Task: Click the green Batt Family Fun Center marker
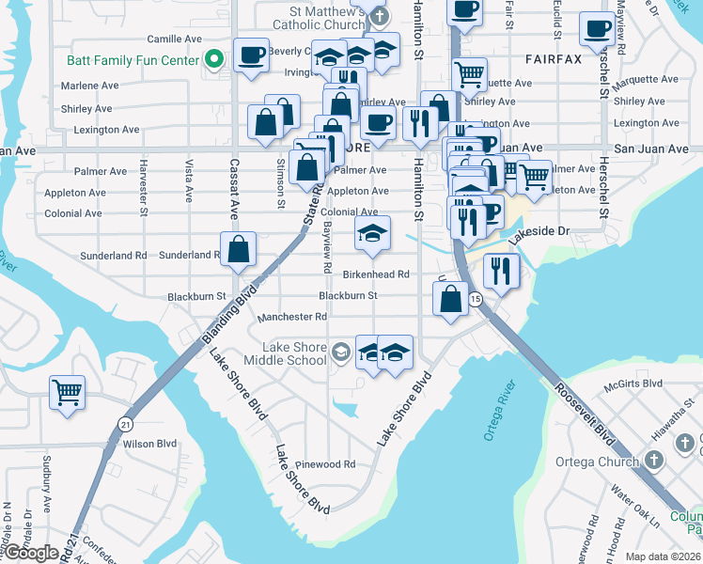tap(214, 60)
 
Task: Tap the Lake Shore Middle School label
tap(286, 353)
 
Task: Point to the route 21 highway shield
tap(126, 424)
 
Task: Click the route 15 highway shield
tap(476, 299)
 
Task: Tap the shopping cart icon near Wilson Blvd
tap(67, 393)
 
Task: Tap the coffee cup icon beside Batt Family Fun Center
tap(250, 55)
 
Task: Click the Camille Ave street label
tap(175, 39)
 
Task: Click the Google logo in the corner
tap(32, 553)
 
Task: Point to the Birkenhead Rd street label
tap(376, 274)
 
